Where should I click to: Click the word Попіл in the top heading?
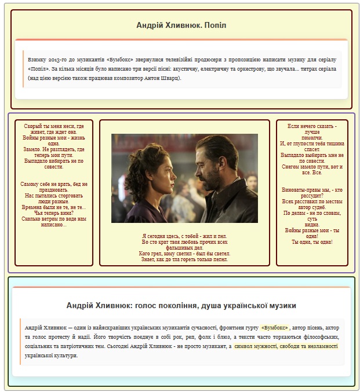[x=214, y=25]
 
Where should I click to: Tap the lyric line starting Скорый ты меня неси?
[x=54, y=126]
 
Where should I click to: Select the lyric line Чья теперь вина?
[x=53, y=213]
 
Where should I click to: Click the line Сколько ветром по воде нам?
[x=53, y=219]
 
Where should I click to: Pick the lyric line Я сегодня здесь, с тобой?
[x=184, y=236]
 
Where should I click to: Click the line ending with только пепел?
[x=184, y=259]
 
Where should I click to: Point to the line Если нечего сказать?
[x=312, y=126]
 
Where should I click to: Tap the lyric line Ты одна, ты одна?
[x=312, y=242]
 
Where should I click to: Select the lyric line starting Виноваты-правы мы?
[x=312, y=189]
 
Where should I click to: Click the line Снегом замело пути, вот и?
[x=312, y=167]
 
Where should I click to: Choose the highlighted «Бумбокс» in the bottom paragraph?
[x=275, y=328]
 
